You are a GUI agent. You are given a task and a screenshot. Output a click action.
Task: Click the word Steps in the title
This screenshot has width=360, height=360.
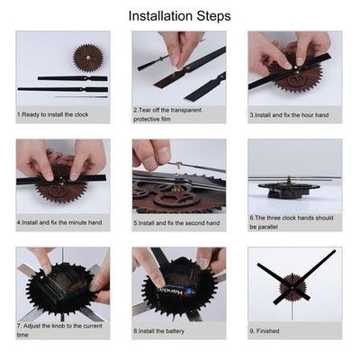pyautogui.click(x=214, y=16)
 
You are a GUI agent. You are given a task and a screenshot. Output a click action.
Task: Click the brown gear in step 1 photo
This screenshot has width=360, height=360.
pyautogui.click(x=88, y=58)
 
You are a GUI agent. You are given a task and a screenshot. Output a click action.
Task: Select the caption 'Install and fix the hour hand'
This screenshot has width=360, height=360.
pyautogui.click(x=292, y=115)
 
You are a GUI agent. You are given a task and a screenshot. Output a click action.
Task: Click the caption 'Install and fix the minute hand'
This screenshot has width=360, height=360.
pyautogui.click(x=62, y=222)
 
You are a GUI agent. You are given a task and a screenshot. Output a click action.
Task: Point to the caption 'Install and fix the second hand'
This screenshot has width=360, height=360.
pyautogui.click(x=179, y=223)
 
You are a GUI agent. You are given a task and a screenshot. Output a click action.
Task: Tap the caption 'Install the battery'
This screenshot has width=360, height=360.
pyautogui.click(x=161, y=331)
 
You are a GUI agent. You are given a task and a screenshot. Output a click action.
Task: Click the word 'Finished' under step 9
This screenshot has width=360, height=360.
pyautogui.click(x=268, y=331)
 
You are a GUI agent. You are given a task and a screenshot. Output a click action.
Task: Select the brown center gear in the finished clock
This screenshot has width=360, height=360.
pyautogui.click(x=292, y=287)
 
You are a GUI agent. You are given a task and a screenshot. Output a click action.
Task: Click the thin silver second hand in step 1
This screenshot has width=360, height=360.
pyautogui.click(x=81, y=97)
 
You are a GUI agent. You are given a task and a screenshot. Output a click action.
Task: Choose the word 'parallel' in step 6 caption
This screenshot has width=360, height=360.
pyautogui.click(x=259, y=227)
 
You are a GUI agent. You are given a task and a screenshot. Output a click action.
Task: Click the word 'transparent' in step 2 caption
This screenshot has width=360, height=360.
pyautogui.click(x=185, y=110)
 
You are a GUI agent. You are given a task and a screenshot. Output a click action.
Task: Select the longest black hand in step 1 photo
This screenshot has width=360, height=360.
pyautogui.click(x=63, y=89)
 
